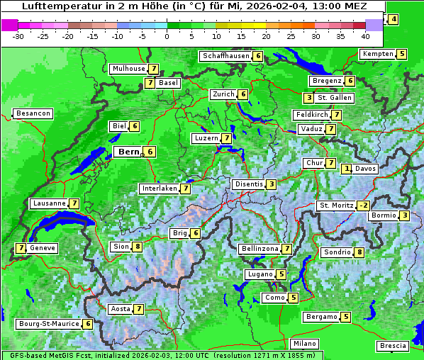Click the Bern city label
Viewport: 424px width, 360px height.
[129, 152]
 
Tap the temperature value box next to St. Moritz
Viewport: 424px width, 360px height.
[363, 206]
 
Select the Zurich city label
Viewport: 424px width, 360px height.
[223, 94]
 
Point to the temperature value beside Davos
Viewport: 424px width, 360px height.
[347, 169]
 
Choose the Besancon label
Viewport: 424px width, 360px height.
[33, 113]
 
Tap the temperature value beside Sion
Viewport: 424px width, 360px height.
[138, 247]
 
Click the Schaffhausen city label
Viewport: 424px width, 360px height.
[225, 56]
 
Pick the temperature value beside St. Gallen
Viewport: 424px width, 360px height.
[308, 98]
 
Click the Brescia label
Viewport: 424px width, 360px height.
[393, 346]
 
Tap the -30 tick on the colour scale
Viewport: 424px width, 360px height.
[18, 36]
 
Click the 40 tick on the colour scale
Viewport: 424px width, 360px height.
[365, 36]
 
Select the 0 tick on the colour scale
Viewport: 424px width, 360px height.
[167, 36]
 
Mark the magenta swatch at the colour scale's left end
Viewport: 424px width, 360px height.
[9, 25]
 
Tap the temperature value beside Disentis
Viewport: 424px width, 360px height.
[271, 184]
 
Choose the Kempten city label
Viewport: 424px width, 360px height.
[377, 54]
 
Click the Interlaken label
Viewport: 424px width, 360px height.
[159, 189]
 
